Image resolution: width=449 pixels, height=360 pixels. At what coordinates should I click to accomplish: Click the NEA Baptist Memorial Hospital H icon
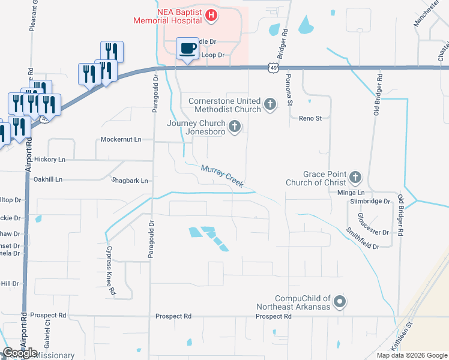click(211, 16)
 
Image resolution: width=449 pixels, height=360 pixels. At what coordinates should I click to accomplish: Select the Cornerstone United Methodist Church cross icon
click(270, 104)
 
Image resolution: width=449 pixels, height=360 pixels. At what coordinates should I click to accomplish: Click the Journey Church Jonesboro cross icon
click(235, 127)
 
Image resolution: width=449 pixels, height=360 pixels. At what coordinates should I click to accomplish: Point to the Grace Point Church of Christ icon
click(355, 177)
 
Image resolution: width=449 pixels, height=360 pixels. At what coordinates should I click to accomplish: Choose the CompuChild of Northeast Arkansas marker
click(340, 302)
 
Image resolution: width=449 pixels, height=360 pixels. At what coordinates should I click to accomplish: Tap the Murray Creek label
click(222, 176)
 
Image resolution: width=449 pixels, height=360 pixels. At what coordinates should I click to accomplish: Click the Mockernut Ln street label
click(121, 139)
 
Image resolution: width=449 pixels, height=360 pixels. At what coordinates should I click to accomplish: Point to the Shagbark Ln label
click(130, 180)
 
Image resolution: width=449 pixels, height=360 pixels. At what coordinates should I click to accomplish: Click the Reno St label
click(310, 118)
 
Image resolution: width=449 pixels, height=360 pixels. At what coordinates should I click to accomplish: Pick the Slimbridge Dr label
click(370, 202)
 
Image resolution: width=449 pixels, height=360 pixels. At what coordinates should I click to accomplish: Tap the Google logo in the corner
click(20, 353)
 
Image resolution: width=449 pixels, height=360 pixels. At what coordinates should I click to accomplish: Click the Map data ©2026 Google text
click(411, 355)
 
